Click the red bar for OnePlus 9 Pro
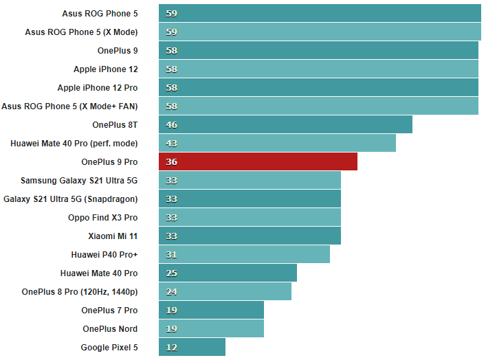coord(258,161)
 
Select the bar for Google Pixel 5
coord(192,347)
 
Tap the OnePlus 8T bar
coord(285,124)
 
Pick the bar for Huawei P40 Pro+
coord(244,254)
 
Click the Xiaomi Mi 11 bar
coord(250,236)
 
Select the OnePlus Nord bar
coord(211,328)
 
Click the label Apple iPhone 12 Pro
coord(98,87)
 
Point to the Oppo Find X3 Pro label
coord(102,217)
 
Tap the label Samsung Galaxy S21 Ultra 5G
coord(79,180)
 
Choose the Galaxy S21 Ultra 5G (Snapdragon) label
coord(71,199)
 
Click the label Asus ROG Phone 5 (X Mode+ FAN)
coord(69,106)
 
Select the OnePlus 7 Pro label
coord(109,310)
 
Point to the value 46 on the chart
coord(172,124)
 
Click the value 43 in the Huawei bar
coord(172,143)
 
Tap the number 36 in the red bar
coord(172,161)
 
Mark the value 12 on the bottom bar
coord(172,347)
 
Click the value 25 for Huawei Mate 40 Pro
coord(172,273)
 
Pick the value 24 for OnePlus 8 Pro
coord(172,291)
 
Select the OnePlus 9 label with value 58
coord(118,50)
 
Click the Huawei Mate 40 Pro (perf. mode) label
coord(74,143)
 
